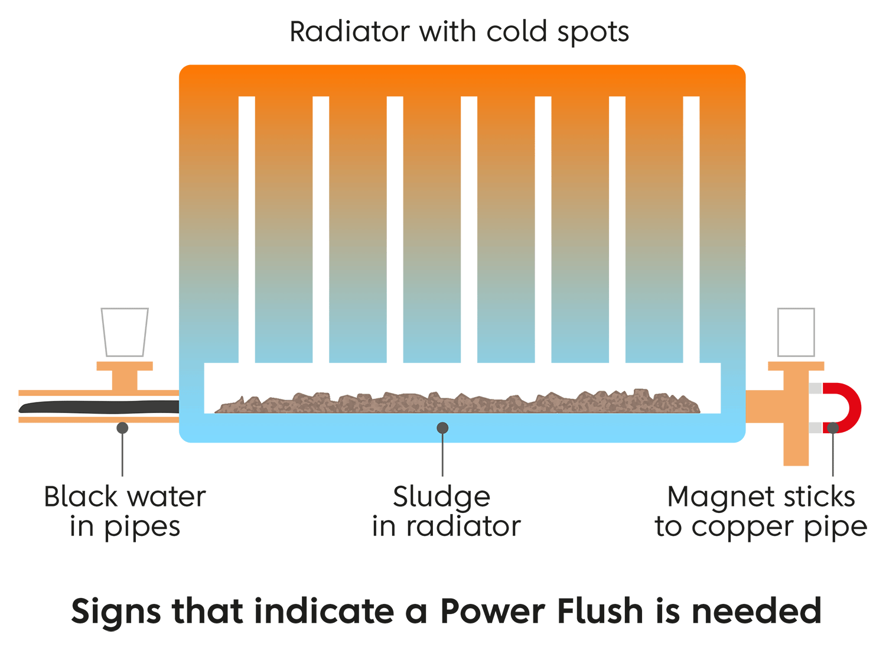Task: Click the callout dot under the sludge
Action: tap(442, 427)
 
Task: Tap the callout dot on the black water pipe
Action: tap(122, 427)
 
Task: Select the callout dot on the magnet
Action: tap(832, 427)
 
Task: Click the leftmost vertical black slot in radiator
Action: tap(247, 230)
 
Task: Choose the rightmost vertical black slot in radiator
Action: tap(691, 230)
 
